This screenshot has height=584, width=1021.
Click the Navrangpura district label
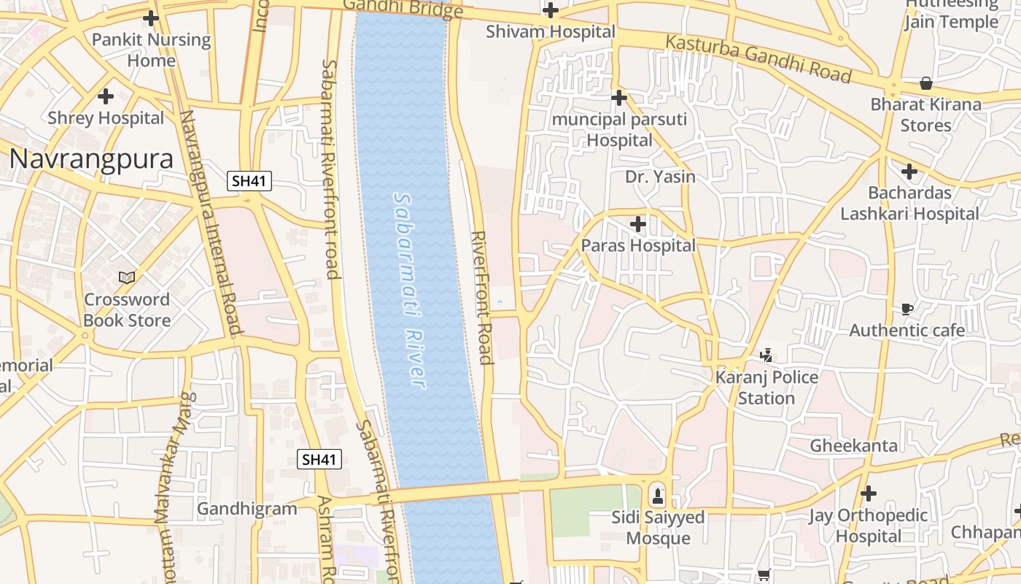point(91,159)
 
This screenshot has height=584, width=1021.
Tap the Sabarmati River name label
point(408,290)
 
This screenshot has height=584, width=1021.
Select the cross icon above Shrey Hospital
point(106,96)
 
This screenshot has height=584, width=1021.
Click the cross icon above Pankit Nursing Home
point(151,18)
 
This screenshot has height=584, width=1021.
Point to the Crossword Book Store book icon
point(127,277)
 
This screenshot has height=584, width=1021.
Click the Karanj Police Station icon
point(766,356)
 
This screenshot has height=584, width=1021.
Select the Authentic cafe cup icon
point(907,309)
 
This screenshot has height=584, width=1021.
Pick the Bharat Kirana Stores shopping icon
point(925,82)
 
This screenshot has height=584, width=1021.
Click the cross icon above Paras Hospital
point(638,224)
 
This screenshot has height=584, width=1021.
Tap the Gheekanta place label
point(853,445)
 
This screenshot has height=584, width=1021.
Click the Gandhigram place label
point(247,509)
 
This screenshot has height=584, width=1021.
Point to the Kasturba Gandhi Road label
point(758,58)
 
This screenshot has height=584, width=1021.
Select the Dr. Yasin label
point(660,177)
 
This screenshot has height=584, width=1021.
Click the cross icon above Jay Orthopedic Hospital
point(868,493)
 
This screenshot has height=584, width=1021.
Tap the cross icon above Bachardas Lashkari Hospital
point(909,172)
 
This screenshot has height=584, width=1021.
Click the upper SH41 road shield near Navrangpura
point(249,181)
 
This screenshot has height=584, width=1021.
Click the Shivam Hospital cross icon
point(551,10)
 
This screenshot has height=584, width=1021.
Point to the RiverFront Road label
point(481,297)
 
